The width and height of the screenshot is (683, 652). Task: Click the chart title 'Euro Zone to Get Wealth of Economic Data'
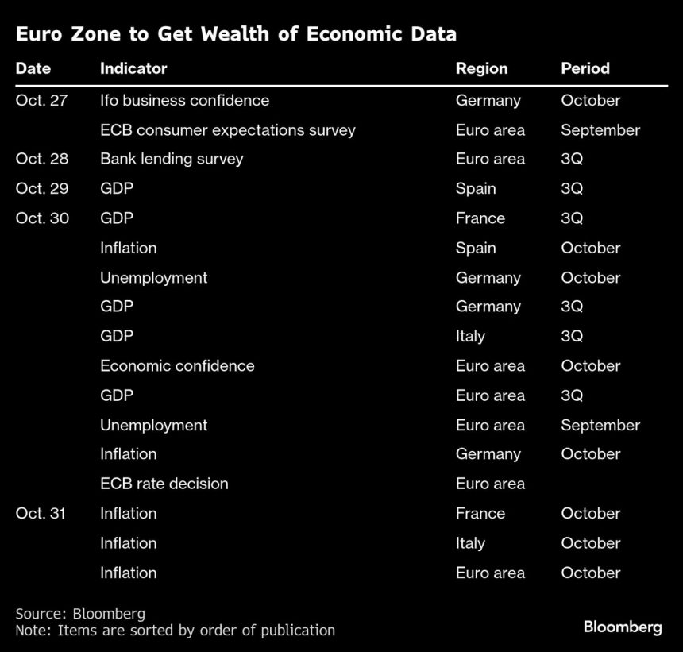236,34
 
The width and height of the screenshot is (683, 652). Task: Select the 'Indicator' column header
133,68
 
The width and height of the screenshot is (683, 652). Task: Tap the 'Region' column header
481,68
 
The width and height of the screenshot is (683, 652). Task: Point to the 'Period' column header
585,68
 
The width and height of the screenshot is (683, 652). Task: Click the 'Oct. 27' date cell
42,101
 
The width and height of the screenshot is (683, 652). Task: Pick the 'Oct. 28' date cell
42,159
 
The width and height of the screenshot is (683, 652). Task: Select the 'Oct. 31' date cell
41,514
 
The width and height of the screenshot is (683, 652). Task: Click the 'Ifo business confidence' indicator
184,101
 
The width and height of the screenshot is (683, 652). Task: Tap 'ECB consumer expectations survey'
227,130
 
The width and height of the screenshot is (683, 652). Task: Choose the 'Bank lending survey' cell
172,159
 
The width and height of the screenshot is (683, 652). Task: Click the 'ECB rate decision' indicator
164,484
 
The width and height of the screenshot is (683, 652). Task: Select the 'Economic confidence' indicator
177,366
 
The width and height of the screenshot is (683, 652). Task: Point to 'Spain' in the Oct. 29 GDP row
476,189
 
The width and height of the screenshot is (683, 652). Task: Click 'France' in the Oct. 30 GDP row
480,218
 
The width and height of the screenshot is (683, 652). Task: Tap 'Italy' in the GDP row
470,337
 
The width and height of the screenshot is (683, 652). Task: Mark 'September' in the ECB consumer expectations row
600,130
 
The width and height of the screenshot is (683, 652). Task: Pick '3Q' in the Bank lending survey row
572,159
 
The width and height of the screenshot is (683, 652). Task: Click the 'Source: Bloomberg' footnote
80,614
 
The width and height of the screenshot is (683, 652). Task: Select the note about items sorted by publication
175,631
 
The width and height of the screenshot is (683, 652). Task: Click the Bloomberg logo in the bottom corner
622,627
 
